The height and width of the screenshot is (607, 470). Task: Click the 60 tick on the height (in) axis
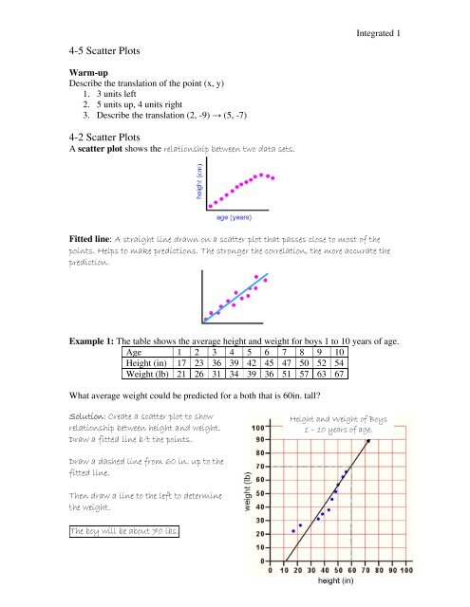[x=351, y=570]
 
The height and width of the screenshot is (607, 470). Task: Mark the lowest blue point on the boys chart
[x=293, y=531]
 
